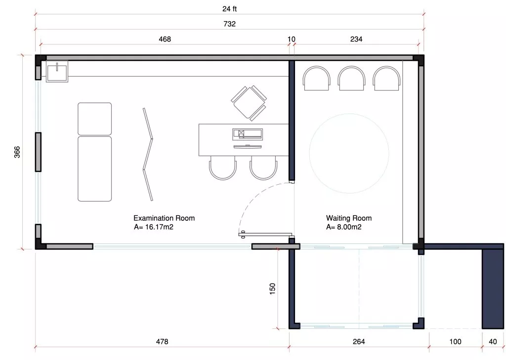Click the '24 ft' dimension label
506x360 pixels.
[x=229, y=9]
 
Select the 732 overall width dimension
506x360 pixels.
[x=229, y=24]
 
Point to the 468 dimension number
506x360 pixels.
[x=165, y=39]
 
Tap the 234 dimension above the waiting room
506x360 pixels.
[x=356, y=39]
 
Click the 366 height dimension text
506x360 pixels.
[x=17, y=152]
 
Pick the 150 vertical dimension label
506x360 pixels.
[x=272, y=288]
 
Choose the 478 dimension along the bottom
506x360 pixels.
[x=162, y=341]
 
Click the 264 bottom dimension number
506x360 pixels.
[x=359, y=341]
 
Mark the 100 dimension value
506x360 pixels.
[x=455, y=341]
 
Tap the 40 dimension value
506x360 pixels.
[x=493, y=341]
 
